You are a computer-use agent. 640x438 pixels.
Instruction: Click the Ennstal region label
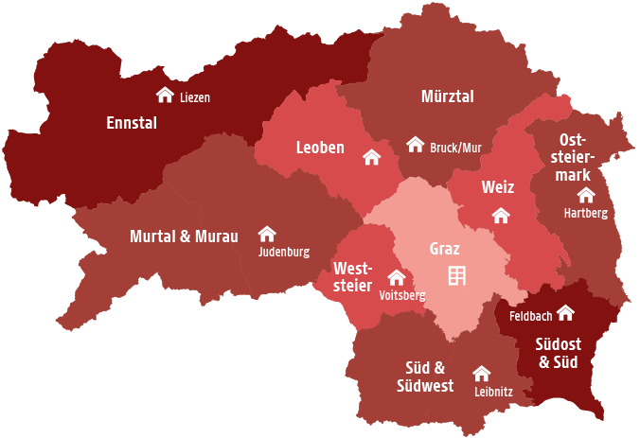(x=132, y=123)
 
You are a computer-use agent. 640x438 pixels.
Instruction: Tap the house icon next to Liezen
(x=165, y=95)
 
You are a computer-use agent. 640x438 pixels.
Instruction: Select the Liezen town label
(x=195, y=97)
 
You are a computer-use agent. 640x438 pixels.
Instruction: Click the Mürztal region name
(x=447, y=96)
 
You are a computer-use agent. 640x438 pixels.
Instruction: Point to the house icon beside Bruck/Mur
(x=415, y=145)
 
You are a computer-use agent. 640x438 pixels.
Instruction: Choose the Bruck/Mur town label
(x=456, y=149)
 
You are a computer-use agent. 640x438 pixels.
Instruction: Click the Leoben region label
(x=320, y=148)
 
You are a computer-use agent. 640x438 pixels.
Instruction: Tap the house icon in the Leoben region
(x=371, y=157)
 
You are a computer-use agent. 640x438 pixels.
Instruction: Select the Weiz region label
(x=497, y=187)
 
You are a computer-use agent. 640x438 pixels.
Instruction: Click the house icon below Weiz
(x=501, y=216)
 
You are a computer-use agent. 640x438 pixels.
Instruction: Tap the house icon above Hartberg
(x=586, y=195)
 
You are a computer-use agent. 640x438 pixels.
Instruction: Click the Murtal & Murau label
(x=184, y=236)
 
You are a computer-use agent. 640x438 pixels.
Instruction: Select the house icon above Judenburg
(x=267, y=234)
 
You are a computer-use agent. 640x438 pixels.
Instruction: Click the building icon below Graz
(x=457, y=275)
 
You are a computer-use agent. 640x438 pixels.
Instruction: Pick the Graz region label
(x=445, y=250)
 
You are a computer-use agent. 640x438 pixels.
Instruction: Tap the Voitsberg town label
(x=401, y=295)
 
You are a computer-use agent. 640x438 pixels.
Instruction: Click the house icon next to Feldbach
(x=565, y=312)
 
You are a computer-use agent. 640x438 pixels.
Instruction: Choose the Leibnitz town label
(x=492, y=391)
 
